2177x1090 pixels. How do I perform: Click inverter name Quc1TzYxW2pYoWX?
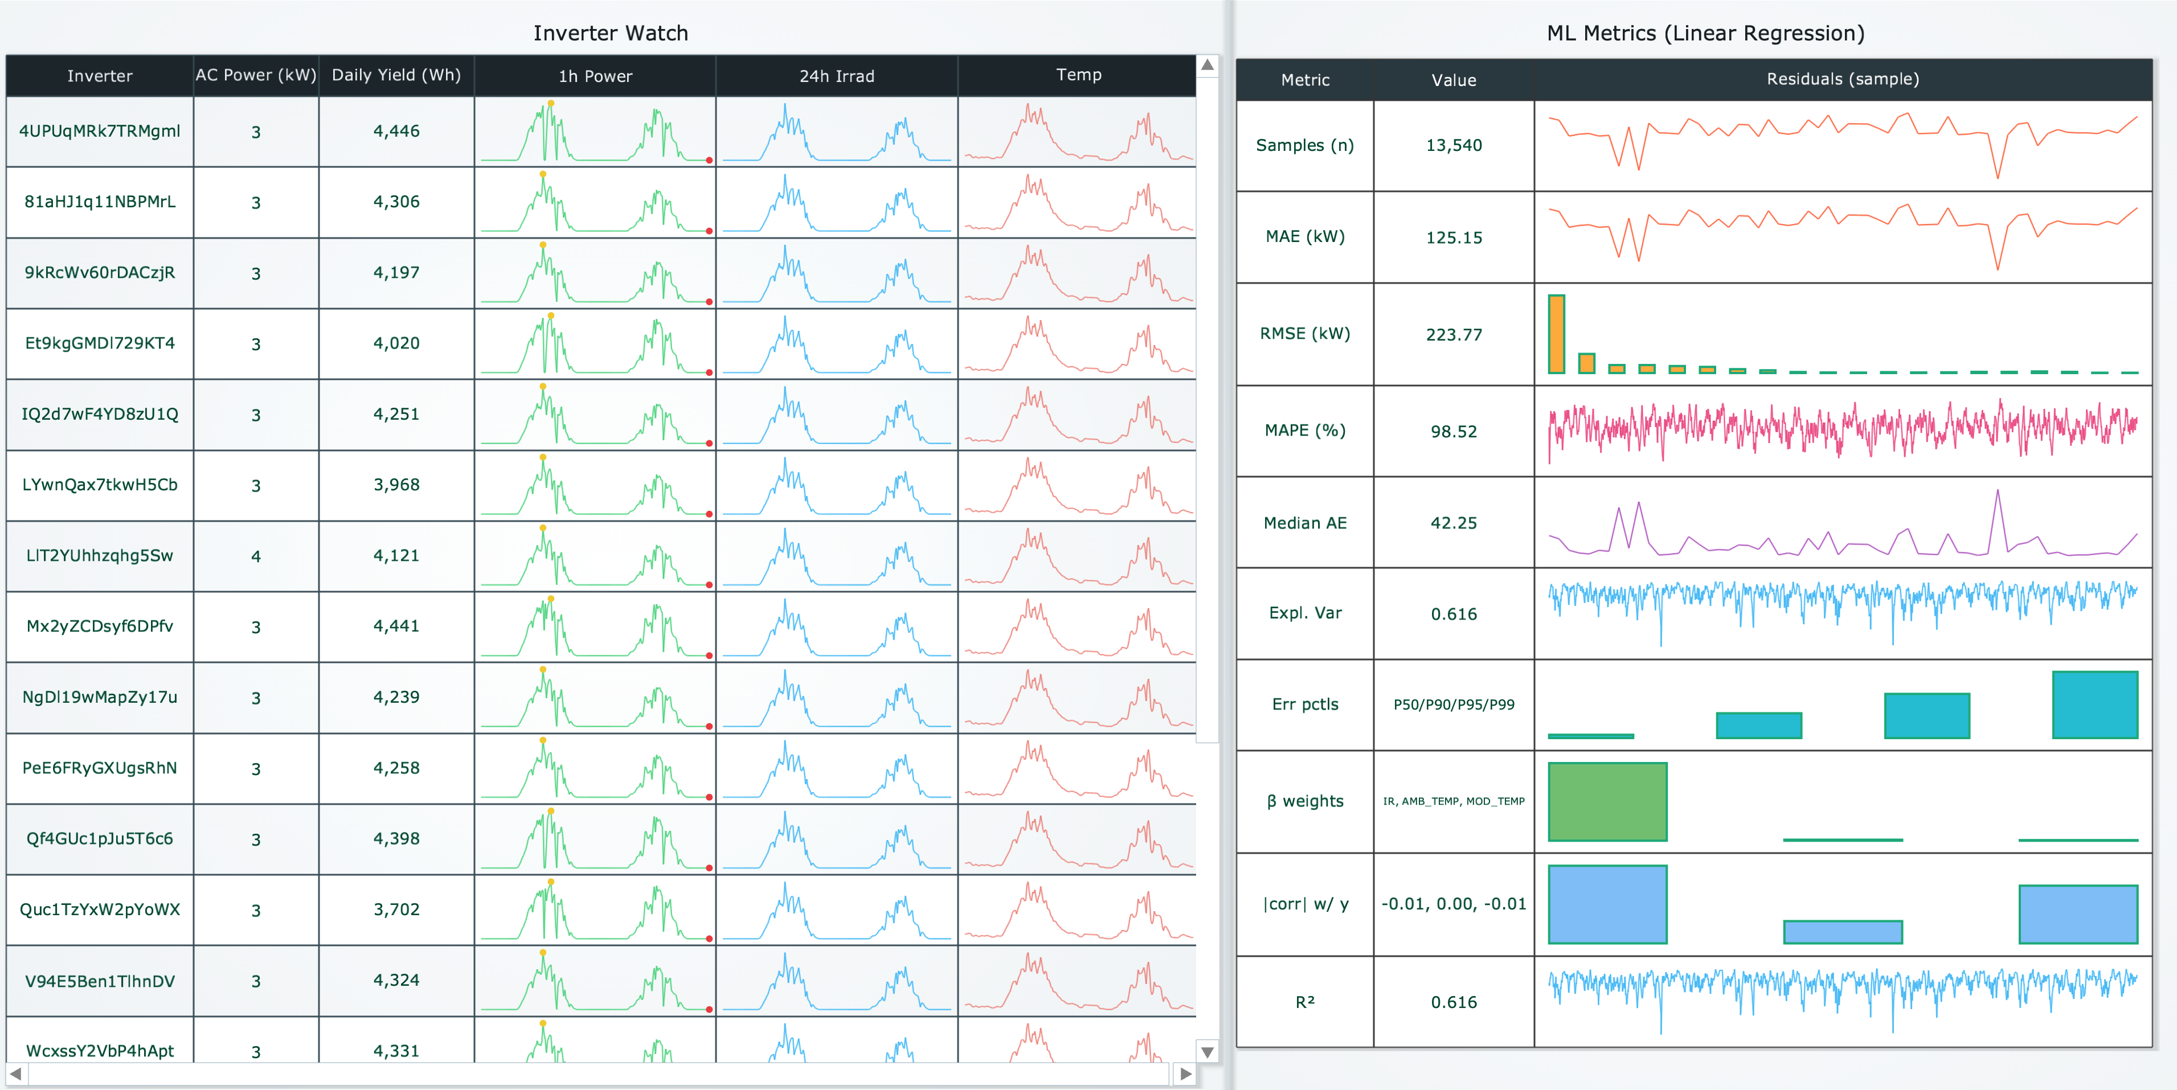[x=100, y=909]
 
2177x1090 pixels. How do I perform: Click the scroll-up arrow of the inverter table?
[x=1208, y=65]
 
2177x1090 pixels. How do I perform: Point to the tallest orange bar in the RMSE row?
[x=1556, y=334]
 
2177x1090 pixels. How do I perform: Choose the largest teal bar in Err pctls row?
[x=2094, y=704]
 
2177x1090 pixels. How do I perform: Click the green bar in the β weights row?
[x=1607, y=801]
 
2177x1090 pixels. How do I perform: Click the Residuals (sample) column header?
[x=1842, y=79]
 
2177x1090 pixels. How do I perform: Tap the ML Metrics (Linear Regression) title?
[x=1705, y=33]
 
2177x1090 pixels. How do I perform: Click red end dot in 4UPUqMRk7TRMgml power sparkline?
[x=709, y=159]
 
